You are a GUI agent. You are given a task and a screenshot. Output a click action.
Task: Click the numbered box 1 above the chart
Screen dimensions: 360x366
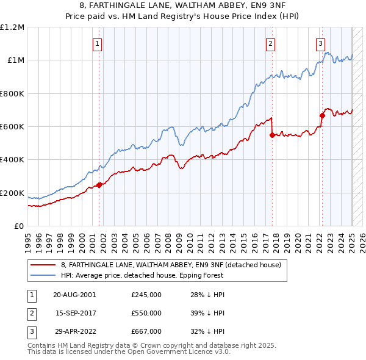point(98,43)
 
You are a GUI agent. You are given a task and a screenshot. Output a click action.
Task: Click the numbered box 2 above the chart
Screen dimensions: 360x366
point(270,43)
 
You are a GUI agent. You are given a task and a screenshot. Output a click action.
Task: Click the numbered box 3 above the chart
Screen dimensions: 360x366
point(320,43)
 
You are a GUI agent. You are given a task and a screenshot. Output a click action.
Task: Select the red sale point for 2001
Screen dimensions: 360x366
point(99,185)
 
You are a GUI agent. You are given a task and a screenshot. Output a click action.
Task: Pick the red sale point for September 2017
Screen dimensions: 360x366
point(272,135)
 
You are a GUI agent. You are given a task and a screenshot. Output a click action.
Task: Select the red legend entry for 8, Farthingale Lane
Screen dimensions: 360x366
point(170,265)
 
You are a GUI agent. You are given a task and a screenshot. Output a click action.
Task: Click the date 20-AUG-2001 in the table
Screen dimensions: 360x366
point(74,294)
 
